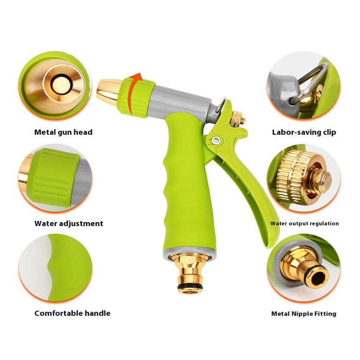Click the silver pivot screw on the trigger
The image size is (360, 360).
click(216, 140)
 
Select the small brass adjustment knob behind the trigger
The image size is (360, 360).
click(238, 119)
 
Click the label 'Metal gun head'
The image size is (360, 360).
click(63, 132)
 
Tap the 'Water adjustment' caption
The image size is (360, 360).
click(69, 223)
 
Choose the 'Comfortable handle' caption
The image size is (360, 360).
click(72, 313)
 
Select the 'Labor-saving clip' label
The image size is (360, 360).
click(304, 132)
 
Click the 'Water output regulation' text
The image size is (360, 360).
click(304, 223)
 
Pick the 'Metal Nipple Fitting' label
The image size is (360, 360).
click(304, 313)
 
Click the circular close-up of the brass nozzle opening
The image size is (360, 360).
click(55, 85)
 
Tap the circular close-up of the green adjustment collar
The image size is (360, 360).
click(55, 178)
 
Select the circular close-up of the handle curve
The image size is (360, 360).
click(55, 267)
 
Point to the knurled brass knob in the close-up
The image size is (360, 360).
click(299, 177)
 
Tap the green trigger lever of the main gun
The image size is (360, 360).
click(243, 175)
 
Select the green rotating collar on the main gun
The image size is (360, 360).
click(135, 97)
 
